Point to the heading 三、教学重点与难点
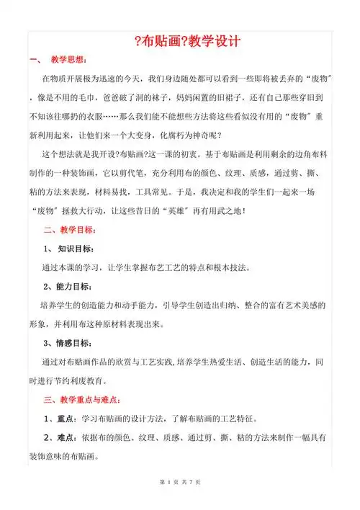point(83,400)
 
